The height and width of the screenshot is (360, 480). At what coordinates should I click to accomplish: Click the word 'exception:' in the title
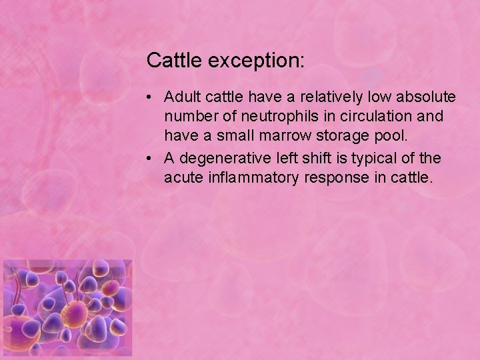257,61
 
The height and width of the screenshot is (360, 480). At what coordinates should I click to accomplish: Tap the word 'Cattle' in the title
175,61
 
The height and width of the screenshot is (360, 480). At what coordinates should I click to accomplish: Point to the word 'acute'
182,179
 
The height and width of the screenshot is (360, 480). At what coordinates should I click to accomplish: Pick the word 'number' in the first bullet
189,117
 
